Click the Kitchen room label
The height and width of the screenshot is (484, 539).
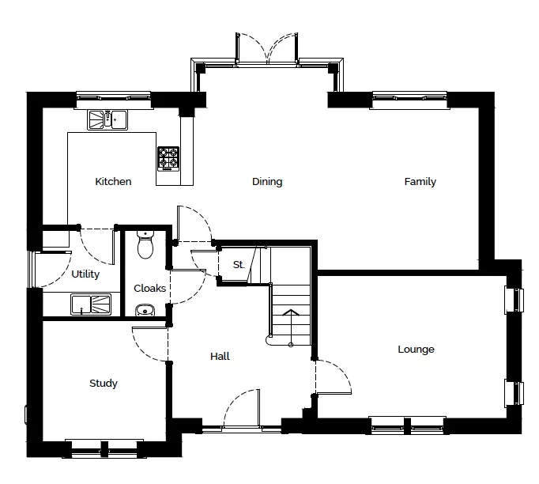click(113, 181)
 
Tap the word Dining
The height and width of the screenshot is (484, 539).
click(267, 181)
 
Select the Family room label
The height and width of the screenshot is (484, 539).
click(420, 181)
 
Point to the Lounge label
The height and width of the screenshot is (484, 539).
click(416, 350)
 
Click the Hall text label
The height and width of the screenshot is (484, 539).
click(220, 356)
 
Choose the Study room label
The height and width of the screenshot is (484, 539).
click(103, 384)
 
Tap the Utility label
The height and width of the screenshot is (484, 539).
click(85, 274)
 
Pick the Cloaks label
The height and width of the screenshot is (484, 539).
click(149, 288)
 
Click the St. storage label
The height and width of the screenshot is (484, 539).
click(239, 264)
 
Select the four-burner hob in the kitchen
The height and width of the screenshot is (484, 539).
click(168, 159)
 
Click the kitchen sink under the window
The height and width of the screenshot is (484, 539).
click(107, 119)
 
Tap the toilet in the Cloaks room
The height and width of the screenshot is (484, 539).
click(145, 244)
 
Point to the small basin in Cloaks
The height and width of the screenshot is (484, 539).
click(145, 310)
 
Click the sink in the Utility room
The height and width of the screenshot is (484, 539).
click(91, 304)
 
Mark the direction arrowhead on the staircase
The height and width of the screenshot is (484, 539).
click(291, 312)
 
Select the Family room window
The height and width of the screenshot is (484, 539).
click(409, 100)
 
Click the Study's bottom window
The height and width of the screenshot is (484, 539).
click(104, 448)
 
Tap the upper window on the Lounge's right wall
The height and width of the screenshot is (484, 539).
click(514, 300)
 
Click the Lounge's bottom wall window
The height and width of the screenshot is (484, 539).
click(407, 425)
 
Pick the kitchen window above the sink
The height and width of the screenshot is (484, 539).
click(114, 100)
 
